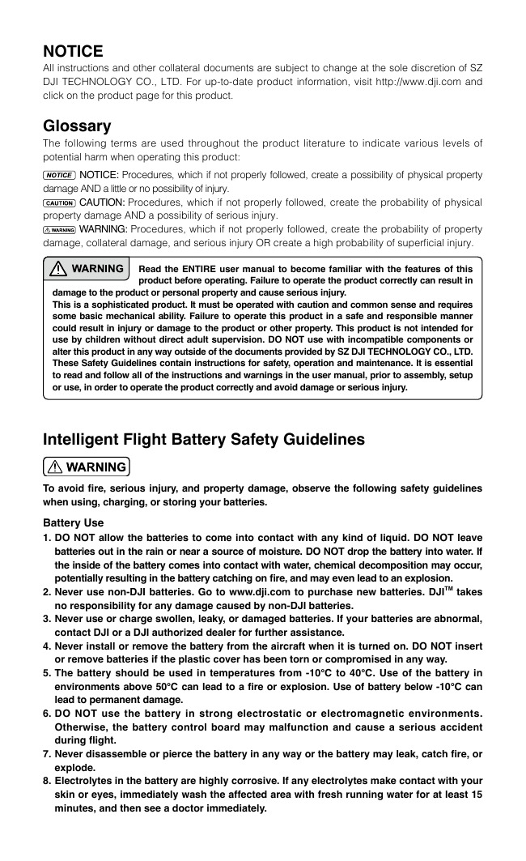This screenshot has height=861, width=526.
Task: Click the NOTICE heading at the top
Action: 73,51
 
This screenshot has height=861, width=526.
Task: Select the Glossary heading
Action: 77,126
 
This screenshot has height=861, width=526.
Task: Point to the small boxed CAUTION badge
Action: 59,202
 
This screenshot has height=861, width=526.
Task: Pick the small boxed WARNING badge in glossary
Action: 59,230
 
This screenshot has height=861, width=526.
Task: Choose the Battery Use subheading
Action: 74,522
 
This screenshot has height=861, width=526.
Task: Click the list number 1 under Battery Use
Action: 47,538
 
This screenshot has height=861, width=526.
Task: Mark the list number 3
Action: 47,619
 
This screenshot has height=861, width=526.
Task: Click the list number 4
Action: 47,646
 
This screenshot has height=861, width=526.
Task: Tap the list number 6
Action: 47,714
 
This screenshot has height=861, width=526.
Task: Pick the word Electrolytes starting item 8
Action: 85,782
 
